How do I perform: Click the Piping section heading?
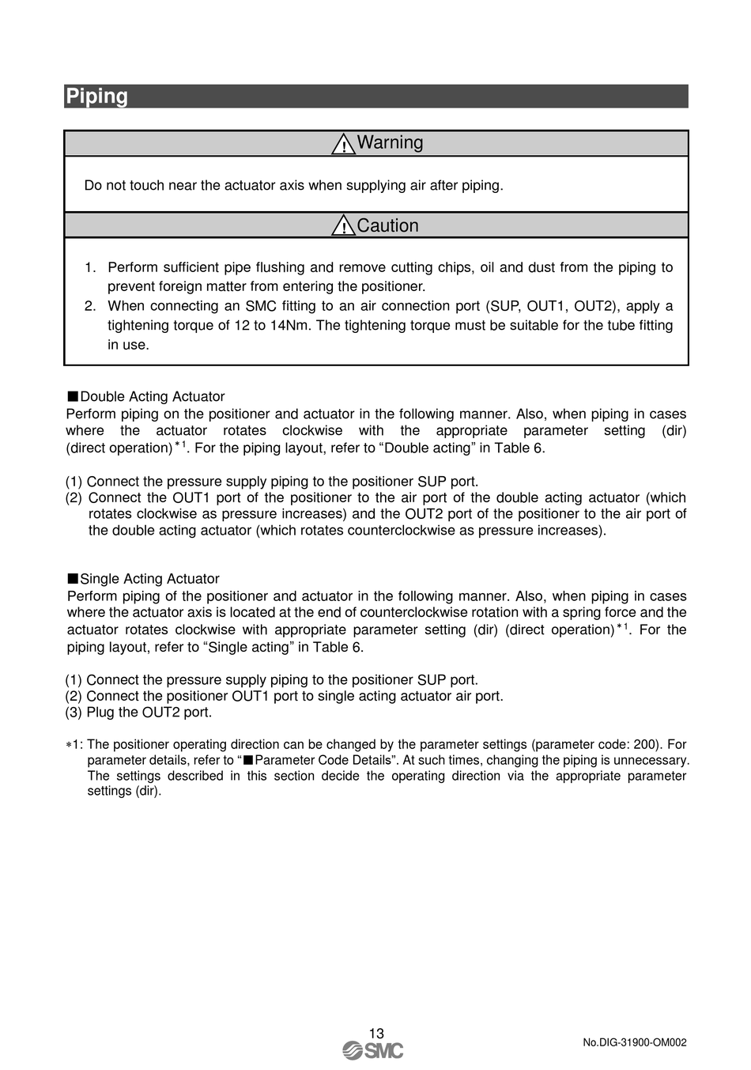click(x=97, y=96)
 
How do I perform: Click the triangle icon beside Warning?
click(x=343, y=144)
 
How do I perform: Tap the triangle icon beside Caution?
click(x=343, y=226)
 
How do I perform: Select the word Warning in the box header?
click(x=390, y=142)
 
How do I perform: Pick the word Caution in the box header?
click(x=387, y=225)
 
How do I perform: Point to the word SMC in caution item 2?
click(x=261, y=306)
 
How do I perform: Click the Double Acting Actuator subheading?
click(x=152, y=396)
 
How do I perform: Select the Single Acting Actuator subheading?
click(x=149, y=579)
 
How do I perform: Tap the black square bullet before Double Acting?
click(x=73, y=396)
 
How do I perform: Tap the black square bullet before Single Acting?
click(x=73, y=578)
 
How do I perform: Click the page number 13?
click(x=376, y=1033)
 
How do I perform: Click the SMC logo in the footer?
click(x=373, y=1050)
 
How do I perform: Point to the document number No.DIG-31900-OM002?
click(x=634, y=1042)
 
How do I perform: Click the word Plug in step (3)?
click(x=101, y=712)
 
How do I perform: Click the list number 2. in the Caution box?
click(x=90, y=306)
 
